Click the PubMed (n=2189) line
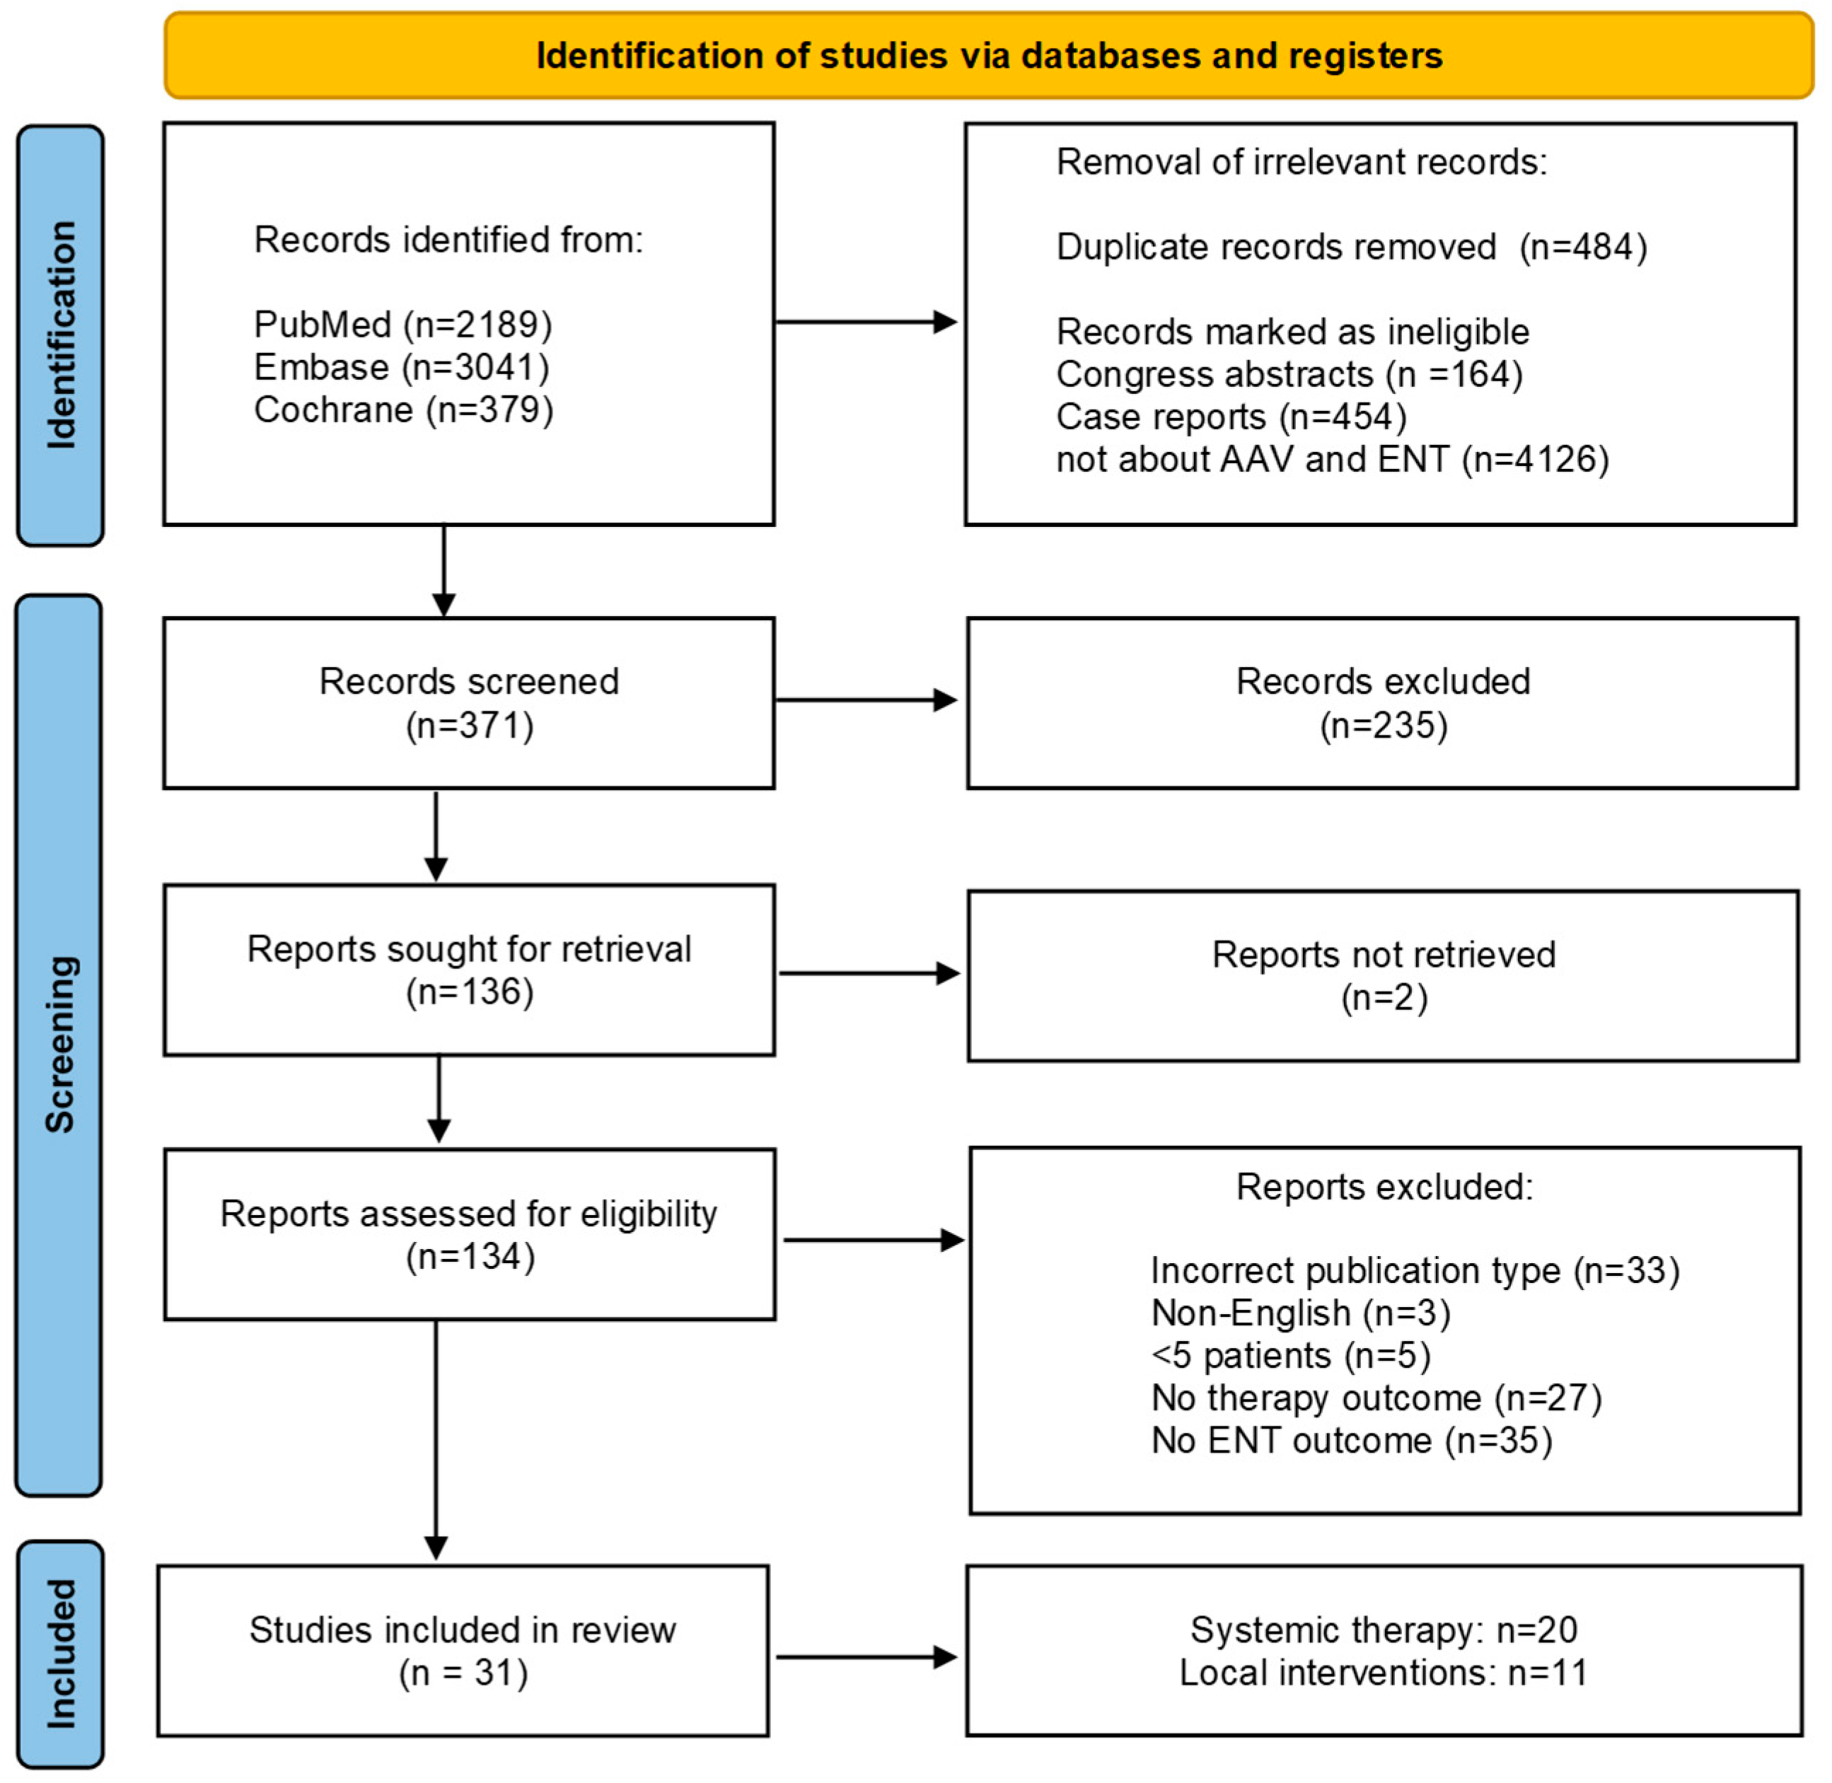coord(402,325)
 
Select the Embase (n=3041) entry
coord(402,367)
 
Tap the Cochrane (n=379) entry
coord(404,410)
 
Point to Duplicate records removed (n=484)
coord(1352,248)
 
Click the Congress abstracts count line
coord(1289,375)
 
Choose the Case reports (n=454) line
coord(1231,417)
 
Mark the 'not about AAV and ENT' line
coord(1333,460)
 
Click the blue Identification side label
coord(61,335)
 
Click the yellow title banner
coord(989,55)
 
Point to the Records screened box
coord(469,703)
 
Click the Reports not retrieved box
coord(1384,976)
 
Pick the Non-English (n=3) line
coord(1301,1313)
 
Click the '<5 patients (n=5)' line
coord(1291,1355)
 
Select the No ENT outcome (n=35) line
coord(1352,1440)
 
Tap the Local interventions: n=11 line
coord(1384,1673)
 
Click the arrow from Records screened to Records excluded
coord(866,700)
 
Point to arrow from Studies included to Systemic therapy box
coord(866,1658)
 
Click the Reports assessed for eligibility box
coord(470,1235)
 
